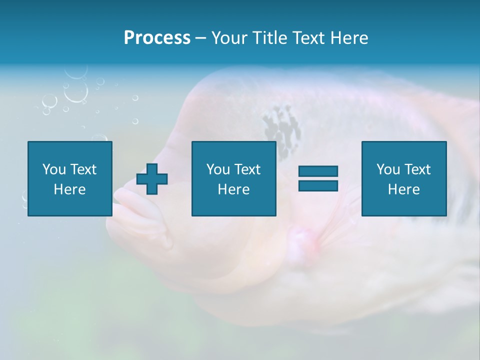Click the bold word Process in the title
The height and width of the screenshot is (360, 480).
157,38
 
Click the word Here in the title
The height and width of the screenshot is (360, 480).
349,38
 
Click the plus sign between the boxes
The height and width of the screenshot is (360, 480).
152,179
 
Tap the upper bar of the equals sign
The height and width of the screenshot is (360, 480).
318,171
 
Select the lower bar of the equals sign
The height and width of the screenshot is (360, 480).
318,185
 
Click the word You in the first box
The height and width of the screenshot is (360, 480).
53,169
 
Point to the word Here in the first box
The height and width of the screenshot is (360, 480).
69,189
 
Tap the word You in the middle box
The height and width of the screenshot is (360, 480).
217,169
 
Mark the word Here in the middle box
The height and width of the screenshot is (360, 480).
233,189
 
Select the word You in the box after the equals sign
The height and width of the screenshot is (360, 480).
387,169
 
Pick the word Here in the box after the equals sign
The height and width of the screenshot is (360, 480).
403,189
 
